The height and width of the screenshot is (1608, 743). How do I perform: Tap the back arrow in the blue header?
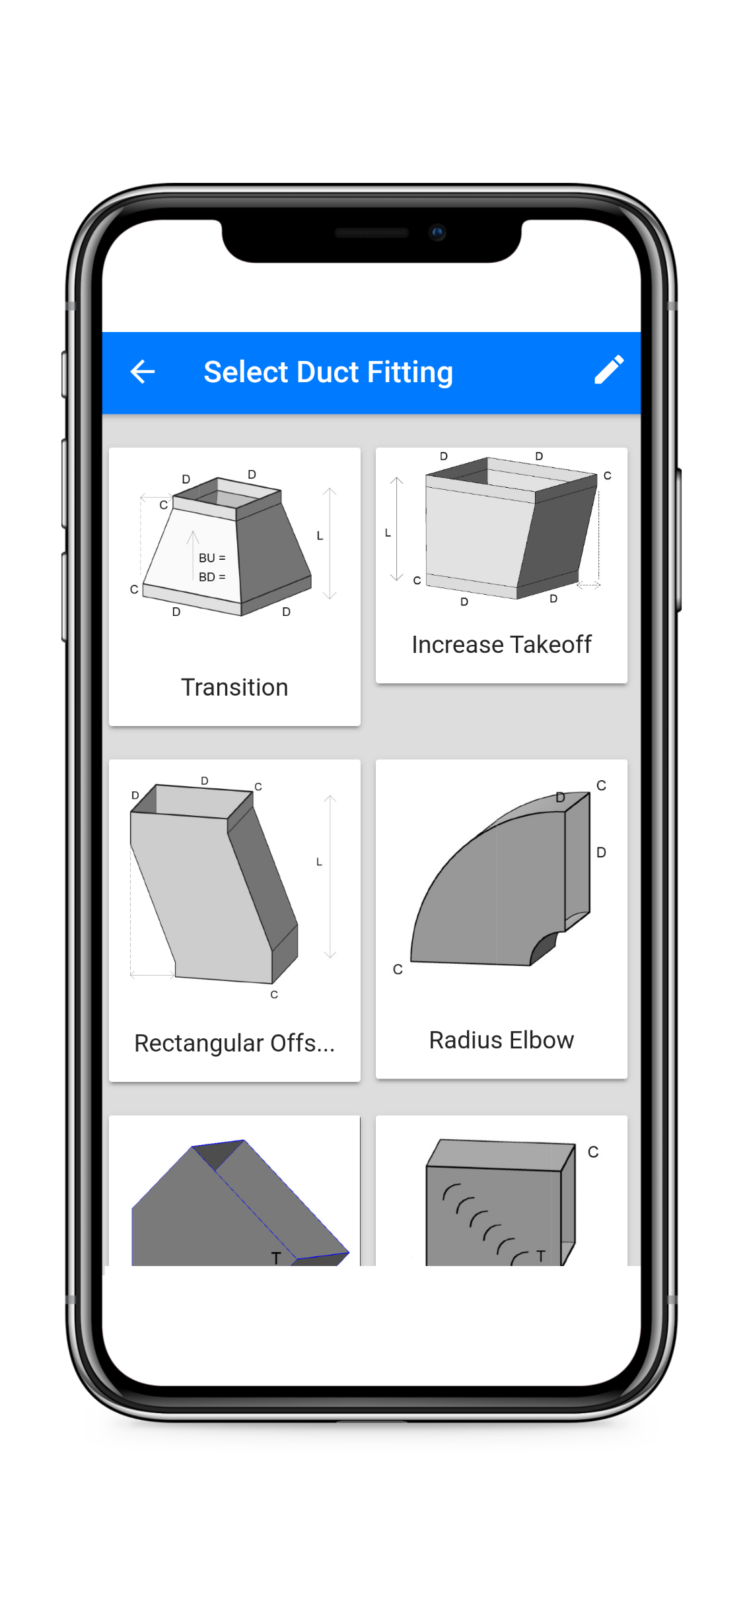coord(143,372)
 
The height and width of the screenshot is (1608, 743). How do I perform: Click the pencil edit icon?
coord(608,370)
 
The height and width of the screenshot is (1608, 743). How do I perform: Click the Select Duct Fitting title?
coord(328,372)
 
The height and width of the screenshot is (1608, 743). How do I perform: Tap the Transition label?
coord(234,687)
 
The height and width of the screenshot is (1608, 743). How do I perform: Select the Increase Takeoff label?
coord(501,644)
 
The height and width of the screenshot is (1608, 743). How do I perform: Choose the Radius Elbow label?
coord(501,1040)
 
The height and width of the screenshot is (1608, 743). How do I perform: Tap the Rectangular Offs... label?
coord(234,1043)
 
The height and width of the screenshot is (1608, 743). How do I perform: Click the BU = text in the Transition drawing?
coord(212,558)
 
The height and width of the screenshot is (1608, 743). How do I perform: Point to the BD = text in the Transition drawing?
coord(212,577)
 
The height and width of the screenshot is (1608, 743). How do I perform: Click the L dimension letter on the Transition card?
coord(320,536)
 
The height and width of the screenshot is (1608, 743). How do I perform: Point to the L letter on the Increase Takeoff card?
coord(388,533)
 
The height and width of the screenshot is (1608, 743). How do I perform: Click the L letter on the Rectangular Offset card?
coord(319,862)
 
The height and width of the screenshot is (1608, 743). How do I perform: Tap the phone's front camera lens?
coord(437,232)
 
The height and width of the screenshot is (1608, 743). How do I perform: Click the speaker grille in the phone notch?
coord(371,232)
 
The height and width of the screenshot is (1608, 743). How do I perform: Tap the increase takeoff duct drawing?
coord(509,528)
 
